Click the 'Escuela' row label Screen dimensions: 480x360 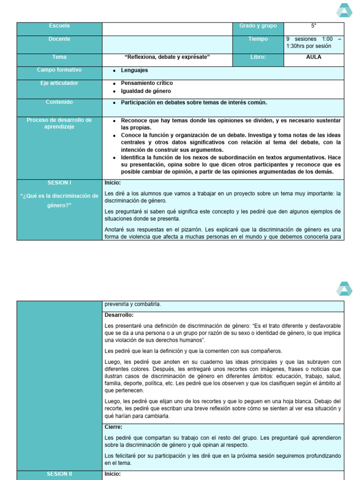[59, 26]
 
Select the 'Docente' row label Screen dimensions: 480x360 [59, 39]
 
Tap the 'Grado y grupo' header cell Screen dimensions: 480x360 [258, 26]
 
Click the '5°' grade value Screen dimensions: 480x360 [314, 26]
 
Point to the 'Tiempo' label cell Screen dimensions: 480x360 [258, 39]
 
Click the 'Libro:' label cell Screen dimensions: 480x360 [258, 57]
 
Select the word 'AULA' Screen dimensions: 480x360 [314, 57]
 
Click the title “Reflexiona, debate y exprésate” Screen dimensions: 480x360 [167, 57]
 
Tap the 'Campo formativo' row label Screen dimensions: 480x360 [59, 70]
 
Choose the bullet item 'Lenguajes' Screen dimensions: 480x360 [134, 70]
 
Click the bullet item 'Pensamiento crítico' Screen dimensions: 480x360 [147, 83]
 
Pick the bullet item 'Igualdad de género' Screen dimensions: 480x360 [146, 91]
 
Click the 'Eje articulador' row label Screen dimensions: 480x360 [59, 83]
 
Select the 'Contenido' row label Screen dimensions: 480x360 [59, 102]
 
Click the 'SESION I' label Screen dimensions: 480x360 [59, 183]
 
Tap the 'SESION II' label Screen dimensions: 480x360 [59, 474]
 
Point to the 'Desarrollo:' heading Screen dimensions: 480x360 [119, 315]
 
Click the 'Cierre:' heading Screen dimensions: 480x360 [113, 427]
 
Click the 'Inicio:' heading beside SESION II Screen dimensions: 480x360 [112, 474]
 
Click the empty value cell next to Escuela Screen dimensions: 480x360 [167, 29]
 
